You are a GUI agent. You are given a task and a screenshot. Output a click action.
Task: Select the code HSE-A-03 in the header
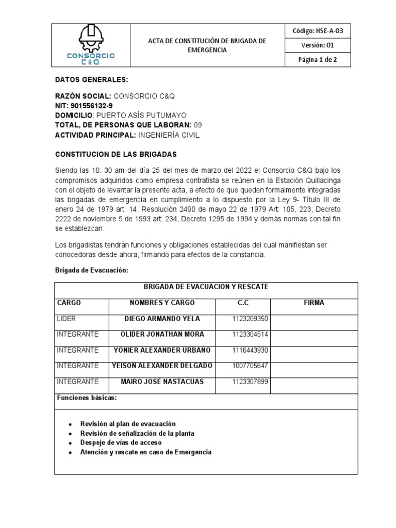[x=317, y=31]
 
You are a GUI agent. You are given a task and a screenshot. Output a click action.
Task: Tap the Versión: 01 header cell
[x=317, y=45]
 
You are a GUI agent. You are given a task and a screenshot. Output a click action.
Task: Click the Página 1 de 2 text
[x=317, y=59]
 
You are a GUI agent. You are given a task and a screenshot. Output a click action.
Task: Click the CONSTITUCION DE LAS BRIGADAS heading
[x=116, y=154]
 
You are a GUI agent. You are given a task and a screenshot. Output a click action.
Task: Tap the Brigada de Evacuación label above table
[x=88, y=271]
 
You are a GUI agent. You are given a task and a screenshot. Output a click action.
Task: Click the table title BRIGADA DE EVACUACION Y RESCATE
[x=206, y=287]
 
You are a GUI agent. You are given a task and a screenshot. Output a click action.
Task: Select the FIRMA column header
[x=314, y=303]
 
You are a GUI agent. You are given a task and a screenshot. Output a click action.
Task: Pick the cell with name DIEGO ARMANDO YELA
[x=162, y=319]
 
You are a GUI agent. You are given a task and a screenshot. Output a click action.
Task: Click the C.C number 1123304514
[x=250, y=335]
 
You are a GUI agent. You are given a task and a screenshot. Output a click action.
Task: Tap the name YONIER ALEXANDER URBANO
[x=162, y=351]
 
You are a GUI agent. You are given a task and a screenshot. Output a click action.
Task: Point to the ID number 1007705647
[x=250, y=366]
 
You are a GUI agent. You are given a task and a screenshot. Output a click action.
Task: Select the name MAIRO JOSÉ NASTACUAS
[x=162, y=382]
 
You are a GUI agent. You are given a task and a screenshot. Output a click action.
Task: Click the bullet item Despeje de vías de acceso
[x=121, y=442]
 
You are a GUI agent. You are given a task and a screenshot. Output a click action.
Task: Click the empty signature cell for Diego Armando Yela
[x=314, y=322]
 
